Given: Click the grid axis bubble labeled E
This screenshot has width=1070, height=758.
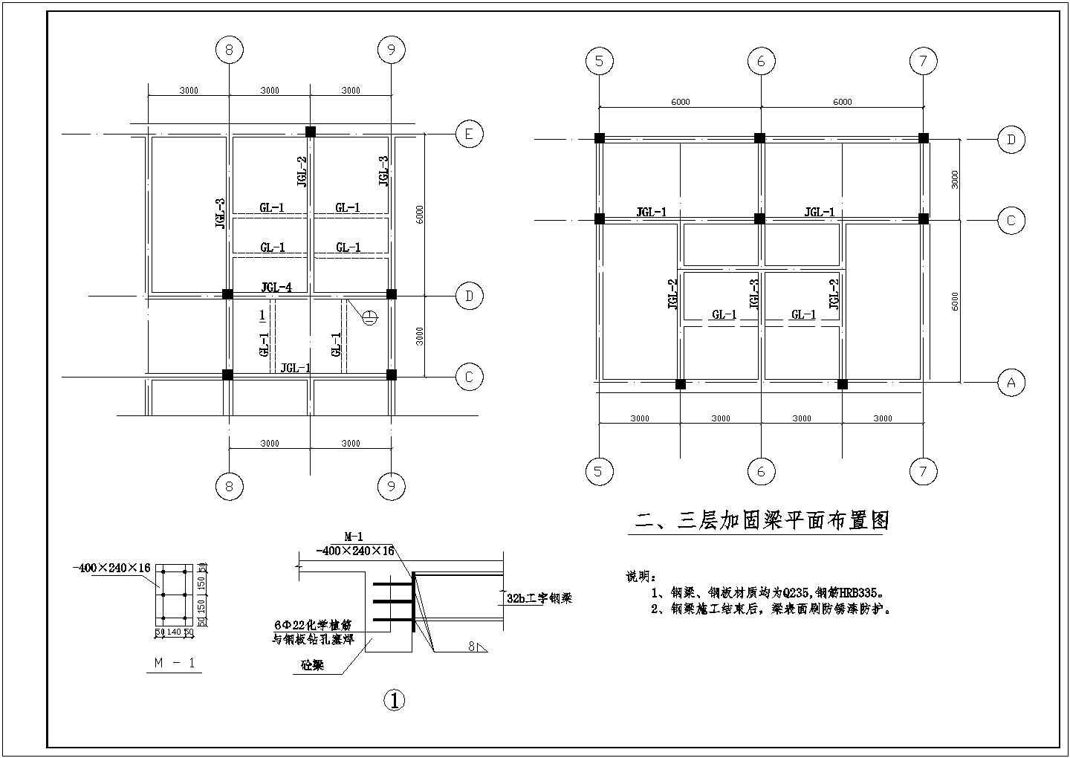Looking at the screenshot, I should point(469,135).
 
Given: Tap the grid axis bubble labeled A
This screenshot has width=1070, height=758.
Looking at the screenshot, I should point(1011,383).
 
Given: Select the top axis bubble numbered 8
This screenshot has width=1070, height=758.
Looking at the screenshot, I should point(229,50).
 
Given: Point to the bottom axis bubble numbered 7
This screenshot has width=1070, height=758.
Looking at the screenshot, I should point(923,470).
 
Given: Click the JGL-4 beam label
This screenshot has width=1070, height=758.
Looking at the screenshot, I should point(276,287).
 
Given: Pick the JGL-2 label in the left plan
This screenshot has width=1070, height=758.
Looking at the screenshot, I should point(302,171).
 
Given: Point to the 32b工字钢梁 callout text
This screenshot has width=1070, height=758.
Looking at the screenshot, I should point(539,598).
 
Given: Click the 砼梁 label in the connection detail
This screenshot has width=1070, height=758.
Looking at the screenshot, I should point(313,666).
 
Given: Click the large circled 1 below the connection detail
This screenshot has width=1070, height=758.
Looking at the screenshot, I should point(394,699).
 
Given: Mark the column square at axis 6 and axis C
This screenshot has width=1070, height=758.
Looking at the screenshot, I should point(759,218).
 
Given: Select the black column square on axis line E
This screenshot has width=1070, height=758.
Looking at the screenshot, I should point(311,132).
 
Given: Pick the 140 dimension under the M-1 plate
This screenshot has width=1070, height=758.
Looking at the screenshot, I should point(173,632).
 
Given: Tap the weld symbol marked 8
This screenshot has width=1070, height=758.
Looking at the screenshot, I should point(476,647).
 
